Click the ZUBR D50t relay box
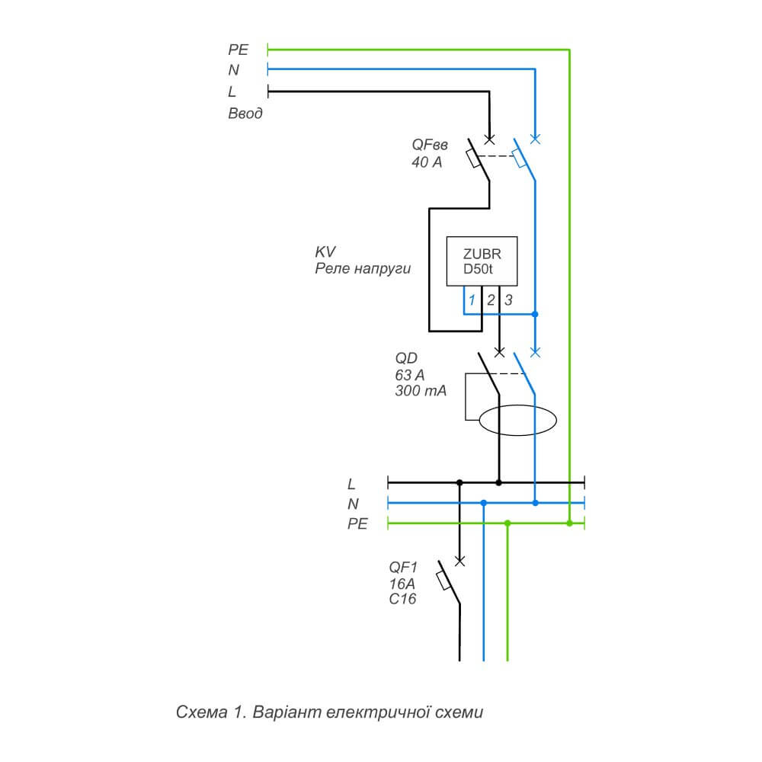[x=482, y=262]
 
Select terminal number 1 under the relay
[x=472, y=300]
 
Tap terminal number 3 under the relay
[x=509, y=300]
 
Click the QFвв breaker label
[x=430, y=145]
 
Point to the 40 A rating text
[x=427, y=162]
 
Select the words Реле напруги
[x=363, y=269]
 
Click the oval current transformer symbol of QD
[x=517, y=420]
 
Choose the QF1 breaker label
[x=402, y=566]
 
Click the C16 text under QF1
[x=402, y=599]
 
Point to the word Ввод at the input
[x=246, y=114]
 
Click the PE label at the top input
[x=239, y=50]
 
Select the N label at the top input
[x=233, y=71]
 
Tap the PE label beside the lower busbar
[x=357, y=523]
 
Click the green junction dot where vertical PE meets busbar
[x=569, y=523]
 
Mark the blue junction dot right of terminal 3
[x=536, y=314]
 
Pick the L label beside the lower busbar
[x=351, y=483]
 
